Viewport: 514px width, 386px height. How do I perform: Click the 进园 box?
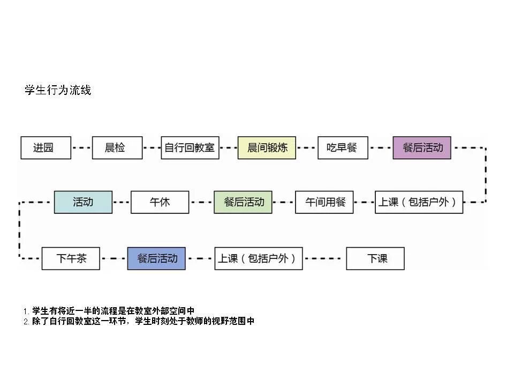[x=46, y=148]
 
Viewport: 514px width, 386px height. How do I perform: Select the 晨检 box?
[x=117, y=148]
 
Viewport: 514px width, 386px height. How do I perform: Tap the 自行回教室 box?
[x=190, y=148]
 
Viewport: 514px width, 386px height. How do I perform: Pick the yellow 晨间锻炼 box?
[x=267, y=148]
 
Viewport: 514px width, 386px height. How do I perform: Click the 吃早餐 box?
[x=343, y=148]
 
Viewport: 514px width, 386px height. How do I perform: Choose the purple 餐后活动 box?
[x=422, y=148]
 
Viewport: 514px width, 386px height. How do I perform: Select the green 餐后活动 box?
[x=243, y=202]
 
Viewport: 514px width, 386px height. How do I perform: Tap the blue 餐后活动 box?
[x=156, y=258]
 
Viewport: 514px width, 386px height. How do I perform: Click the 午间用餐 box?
[x=324, y=202]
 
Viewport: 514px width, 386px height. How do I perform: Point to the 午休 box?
[x=160, y=202]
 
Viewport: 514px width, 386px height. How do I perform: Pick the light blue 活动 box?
[x=83, y=202]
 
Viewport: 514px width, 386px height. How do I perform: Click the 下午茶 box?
[x=71, y=258]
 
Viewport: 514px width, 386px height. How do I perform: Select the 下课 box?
[x=375, y=258]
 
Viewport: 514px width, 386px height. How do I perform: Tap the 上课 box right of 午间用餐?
[x=419, y=202]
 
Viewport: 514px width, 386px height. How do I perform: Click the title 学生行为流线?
[x=58, y=90]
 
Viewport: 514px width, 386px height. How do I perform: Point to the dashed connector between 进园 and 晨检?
[x=81, y=148]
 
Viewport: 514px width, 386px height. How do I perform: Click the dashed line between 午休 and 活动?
[x=122, y=202]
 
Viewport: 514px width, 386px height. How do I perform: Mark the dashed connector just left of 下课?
[x=324, y=258]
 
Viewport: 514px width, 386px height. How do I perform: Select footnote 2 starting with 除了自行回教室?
[x=139, y=322]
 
